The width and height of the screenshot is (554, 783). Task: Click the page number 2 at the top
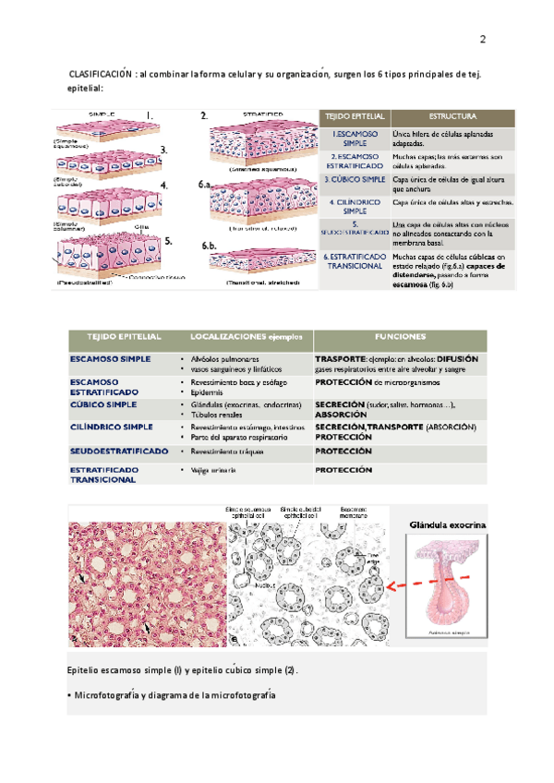pyautogui.click(x=483, y=41)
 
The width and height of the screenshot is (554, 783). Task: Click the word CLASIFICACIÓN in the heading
pyautogui.click(x=97, y=74)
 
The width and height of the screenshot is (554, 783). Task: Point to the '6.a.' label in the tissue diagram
pyautogui.click(x=205, y=186)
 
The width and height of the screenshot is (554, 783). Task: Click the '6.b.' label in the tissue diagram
pyautogui.click(x=209, y=247)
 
